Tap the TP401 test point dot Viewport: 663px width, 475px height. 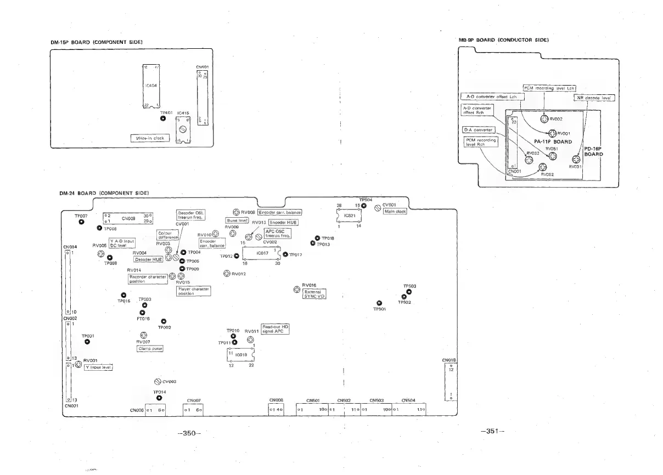(162, 118)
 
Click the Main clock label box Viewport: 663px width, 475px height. (395, 211)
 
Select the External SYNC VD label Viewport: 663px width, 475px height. (315, 294)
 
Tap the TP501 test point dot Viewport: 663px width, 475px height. (379, 303)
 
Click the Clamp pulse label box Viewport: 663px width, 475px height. (150, 348)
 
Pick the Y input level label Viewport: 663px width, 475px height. (98, 366)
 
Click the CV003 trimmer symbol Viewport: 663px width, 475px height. (158, 381)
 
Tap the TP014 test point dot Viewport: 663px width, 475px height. (159, 398)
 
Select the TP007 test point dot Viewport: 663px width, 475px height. (81, 222)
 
